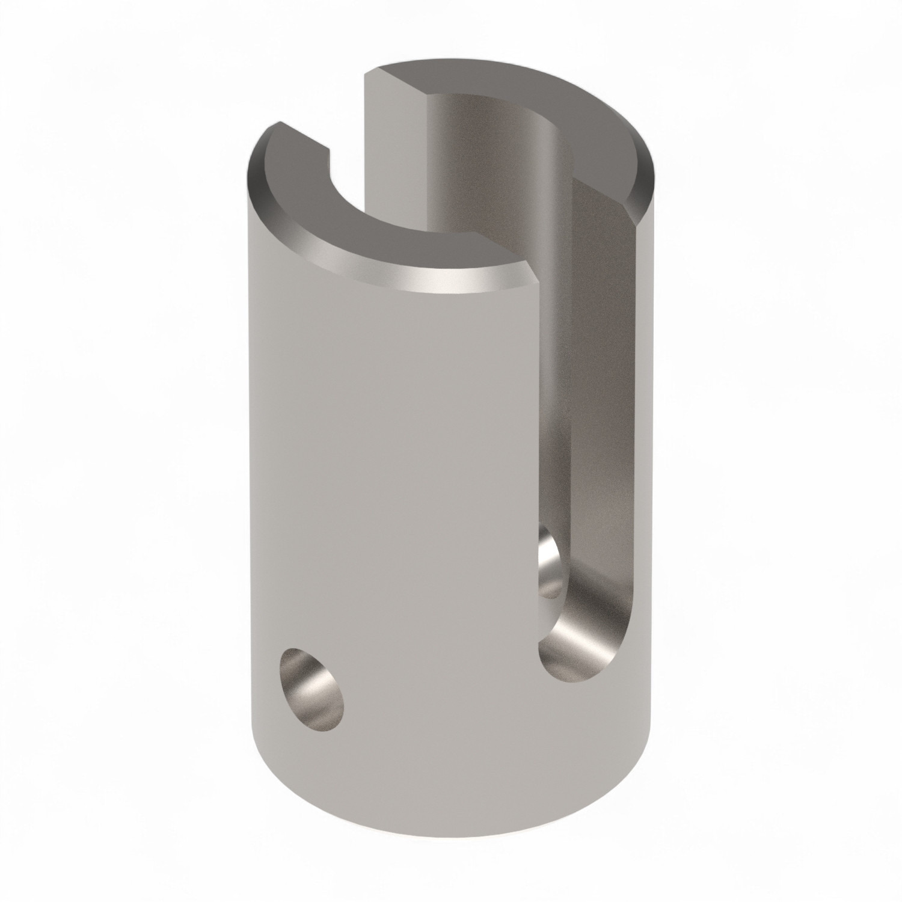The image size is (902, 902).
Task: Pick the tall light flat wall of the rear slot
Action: coord(394,180)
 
